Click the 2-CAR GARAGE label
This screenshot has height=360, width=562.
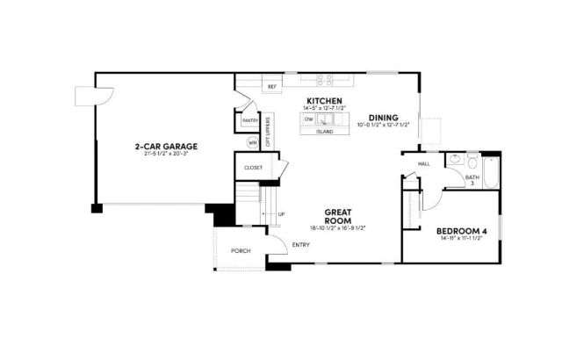tap(165, 146)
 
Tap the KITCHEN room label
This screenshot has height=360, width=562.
tap(323, 100)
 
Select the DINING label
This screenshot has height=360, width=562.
tap(383, 117)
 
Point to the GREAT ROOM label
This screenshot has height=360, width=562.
tap(338, 216)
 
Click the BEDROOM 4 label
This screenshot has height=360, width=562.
tap(461, 231)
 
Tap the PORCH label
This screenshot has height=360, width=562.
tap(240, 251)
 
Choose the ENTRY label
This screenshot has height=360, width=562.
tap(300, 244)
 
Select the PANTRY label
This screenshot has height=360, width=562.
tap(249, 120)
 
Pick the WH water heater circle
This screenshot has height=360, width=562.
tap(252, 142)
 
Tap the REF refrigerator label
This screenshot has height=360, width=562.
tap(271, 86)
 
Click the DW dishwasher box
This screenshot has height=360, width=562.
tap(310, 119)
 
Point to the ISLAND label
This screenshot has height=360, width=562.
tap(324, 132)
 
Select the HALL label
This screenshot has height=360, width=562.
tap(423, 164)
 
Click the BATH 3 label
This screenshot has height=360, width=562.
tap(472, 180)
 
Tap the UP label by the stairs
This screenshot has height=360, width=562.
tap(281, 214)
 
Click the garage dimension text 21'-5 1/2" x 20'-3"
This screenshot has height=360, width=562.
tap(165, 154)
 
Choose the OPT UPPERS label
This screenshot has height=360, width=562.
tap(269, 130)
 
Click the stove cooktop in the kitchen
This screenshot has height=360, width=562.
tap(323, 79)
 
